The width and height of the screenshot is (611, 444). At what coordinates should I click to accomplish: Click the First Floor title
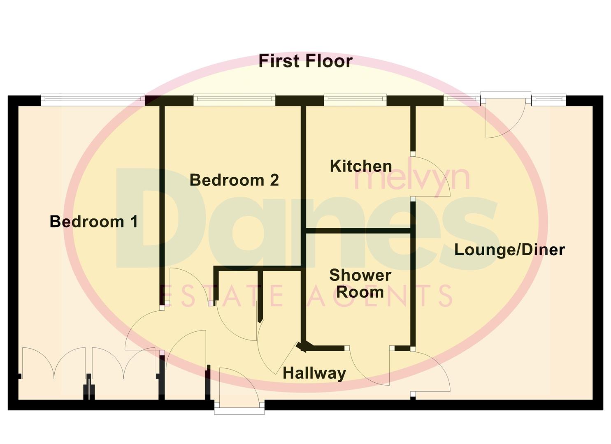[x=305, y=61]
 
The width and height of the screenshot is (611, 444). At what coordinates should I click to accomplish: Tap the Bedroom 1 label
[x=94, y=222]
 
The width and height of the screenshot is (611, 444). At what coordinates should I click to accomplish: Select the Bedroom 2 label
[x=234, y=180]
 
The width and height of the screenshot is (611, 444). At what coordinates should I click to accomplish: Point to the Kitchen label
[x=361, y=166]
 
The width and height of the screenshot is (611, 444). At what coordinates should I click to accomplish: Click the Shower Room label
[x=360, y=284]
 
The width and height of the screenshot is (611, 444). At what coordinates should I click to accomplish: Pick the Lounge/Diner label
[x=509, y=250]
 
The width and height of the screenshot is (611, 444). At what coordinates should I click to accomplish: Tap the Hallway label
[x=314, y=373]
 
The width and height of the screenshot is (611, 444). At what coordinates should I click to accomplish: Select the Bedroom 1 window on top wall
[x=93, y=99]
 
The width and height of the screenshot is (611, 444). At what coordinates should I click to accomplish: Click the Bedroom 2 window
[x=234, y=99]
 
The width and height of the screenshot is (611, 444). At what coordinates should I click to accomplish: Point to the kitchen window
[x=355, y=99]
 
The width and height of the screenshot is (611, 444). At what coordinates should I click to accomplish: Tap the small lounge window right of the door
[x=549, y=99]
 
